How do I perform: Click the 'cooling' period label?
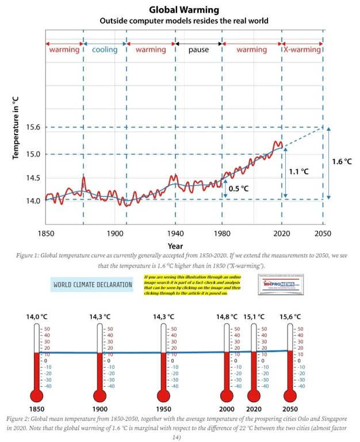tap(104, 49)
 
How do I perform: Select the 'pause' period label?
tap(198, 49)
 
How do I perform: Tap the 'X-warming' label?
tap(302, 49)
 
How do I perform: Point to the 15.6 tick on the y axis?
tap(31, 127)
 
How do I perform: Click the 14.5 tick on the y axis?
tap(31, 178)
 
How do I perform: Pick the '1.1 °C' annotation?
tap(298, 172)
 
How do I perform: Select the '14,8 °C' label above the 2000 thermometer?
tap(226, 317)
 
